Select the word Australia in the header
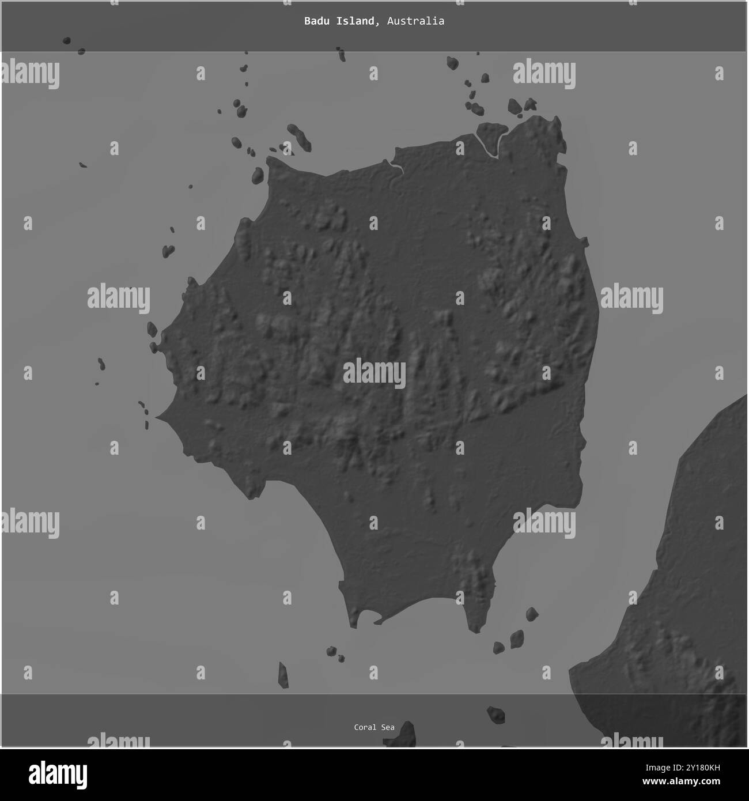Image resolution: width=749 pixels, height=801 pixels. pos(415,21)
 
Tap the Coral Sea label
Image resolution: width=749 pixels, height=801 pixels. pos(374,727)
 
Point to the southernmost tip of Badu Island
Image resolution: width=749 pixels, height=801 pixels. pos(475,630)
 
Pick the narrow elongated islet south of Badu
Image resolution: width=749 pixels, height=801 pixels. pos(283,675)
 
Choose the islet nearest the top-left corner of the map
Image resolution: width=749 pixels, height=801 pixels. pos(67,41)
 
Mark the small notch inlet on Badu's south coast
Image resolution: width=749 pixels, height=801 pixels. pos(377,622)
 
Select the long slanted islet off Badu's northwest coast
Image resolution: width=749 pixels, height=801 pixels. pos(300,137)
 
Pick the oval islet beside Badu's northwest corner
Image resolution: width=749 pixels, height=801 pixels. pos(258,175)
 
